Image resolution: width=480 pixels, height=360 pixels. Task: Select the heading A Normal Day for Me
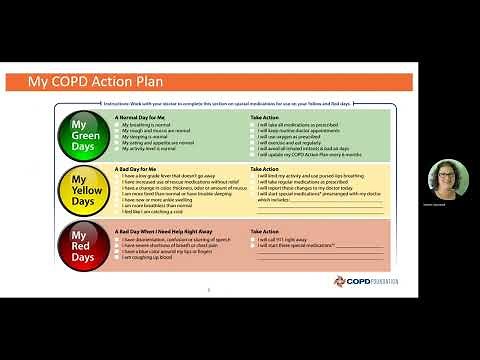click(140, 116)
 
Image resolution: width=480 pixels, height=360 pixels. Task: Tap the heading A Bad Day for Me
click(135, 169)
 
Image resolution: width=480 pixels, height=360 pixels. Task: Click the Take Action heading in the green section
click(265, 116)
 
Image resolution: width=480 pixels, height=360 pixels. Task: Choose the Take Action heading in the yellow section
click(265, 169)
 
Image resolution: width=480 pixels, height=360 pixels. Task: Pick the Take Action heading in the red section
click(265, 223)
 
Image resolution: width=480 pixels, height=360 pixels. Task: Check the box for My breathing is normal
click(117, 123)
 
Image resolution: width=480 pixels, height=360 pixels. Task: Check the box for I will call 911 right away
click(252, 239)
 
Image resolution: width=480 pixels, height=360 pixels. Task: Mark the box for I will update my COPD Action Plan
click(252, 154)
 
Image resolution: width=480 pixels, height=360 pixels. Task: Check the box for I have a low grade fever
click(117, 176)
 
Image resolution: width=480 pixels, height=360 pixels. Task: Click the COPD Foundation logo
click(363, 280)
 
